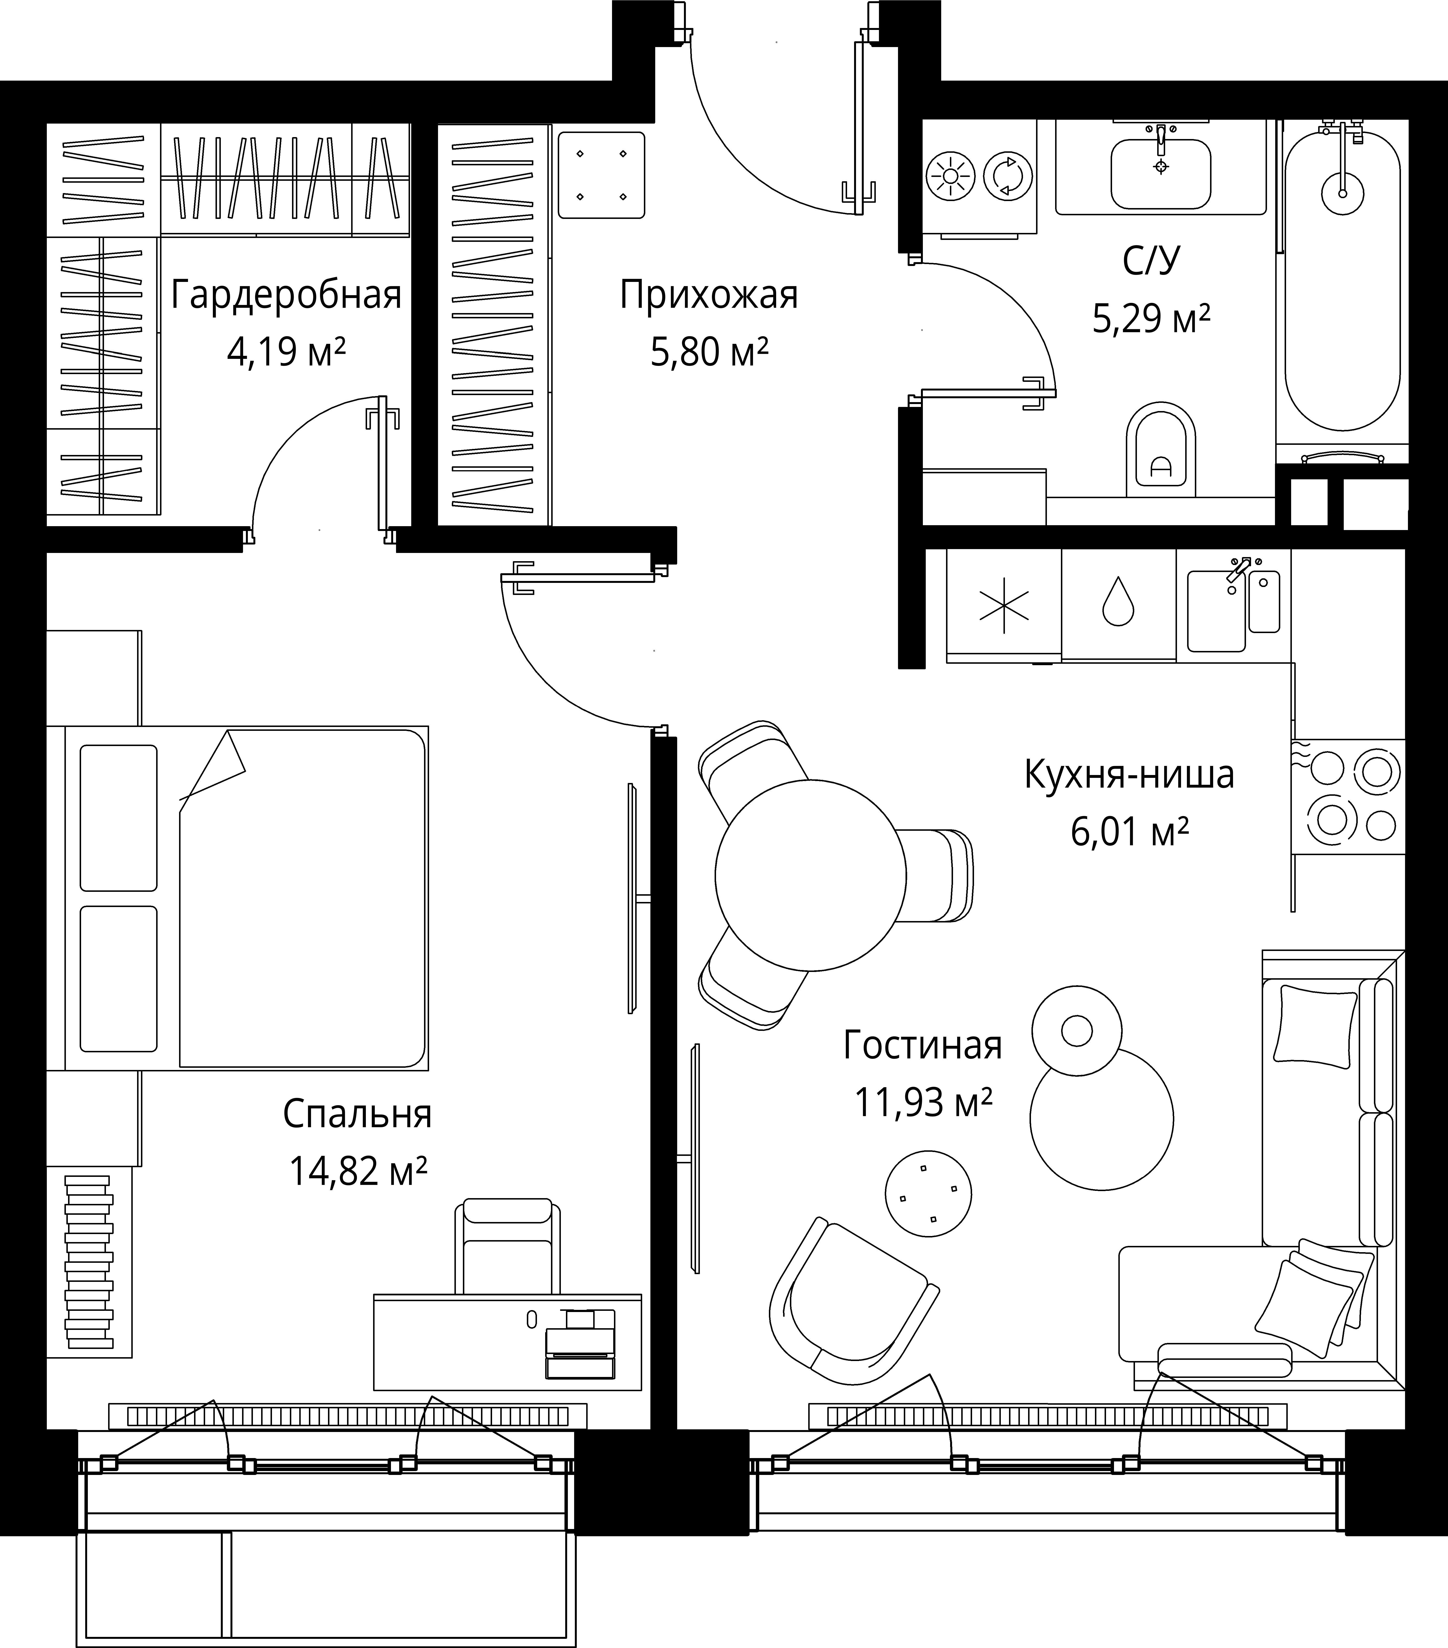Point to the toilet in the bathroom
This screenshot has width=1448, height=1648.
point(1160,450)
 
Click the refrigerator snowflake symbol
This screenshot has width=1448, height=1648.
point(1004,605)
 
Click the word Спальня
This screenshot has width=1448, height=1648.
point(357,1114)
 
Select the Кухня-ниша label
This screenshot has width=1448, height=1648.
point(1129,775)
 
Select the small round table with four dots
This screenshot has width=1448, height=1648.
point(928,1193)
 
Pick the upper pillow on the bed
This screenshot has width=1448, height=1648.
point(118,817)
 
